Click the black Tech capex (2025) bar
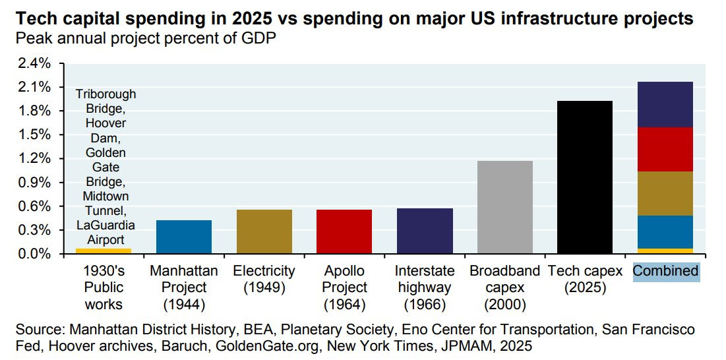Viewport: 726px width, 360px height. point(585,177)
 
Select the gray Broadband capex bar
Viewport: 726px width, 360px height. point(504,207)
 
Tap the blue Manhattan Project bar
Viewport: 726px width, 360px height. point(183,237)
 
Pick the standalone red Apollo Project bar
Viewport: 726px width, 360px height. point(344,231)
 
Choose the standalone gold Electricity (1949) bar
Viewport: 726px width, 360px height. point(264,231)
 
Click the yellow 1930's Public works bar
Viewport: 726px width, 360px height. point(104,251)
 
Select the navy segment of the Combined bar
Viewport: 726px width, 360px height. point(665,104)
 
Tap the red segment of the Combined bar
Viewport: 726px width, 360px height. point(665,149)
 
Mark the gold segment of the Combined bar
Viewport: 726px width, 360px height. point(665,193)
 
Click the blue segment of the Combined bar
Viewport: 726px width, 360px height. point(665,232)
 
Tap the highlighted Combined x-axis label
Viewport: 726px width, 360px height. point(665,271)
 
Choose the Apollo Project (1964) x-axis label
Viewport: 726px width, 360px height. point(346,287)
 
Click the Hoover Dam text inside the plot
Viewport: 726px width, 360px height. point(105,131)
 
